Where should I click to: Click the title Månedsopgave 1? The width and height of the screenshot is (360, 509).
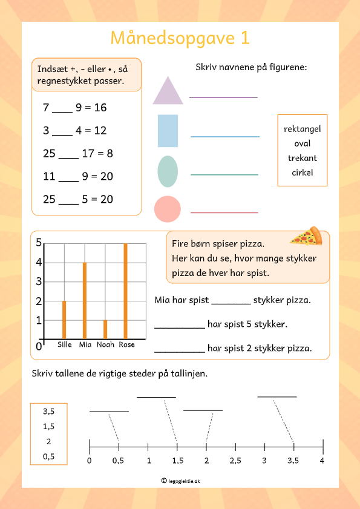[x=180, y=38]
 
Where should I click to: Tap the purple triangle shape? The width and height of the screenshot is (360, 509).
[x=168, y=92]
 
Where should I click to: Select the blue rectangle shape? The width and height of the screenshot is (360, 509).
[x=168, y=131]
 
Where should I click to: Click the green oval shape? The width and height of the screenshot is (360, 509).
[x=168, y=171]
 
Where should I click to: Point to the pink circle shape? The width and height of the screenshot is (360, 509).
[x=168, y=209]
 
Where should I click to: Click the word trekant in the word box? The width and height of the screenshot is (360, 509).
[x=302, y=158]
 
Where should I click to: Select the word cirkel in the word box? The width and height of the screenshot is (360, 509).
[x=302, y=172]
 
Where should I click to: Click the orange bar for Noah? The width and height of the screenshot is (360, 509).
[x=105, y=329]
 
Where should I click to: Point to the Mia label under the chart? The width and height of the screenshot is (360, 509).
[x=85, y=345]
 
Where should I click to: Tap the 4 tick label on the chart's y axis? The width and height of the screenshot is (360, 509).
[x=39, y=263]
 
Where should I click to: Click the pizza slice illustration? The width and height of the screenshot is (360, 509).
[x=306, y=236]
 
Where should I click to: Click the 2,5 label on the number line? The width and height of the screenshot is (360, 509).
[x=235, y=461]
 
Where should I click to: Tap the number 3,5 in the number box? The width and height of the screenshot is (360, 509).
[x=48, y=412]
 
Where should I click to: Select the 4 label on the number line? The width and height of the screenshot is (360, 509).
[x=322, y=461]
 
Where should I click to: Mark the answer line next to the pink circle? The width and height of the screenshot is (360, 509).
[x=224, y=212]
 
